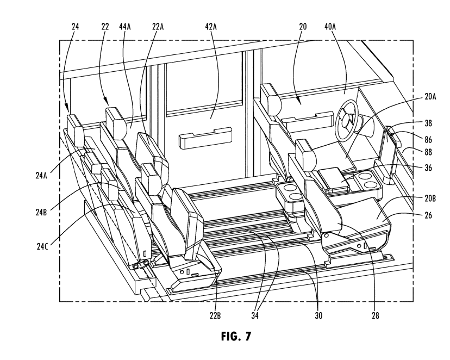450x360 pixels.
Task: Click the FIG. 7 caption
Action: tap(236, 336)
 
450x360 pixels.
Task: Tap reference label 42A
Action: tap(211, 27)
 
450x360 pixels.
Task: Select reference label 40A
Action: tap(330, 27)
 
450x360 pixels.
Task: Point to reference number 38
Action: tap(428, 123)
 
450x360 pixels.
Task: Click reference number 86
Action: tap(428, 140)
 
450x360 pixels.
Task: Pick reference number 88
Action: tap(428, 152)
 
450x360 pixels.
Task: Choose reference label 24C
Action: tap(42, 246)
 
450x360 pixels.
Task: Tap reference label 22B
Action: tap(215, 316)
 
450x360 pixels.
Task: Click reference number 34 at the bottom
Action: tap(255, 316)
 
